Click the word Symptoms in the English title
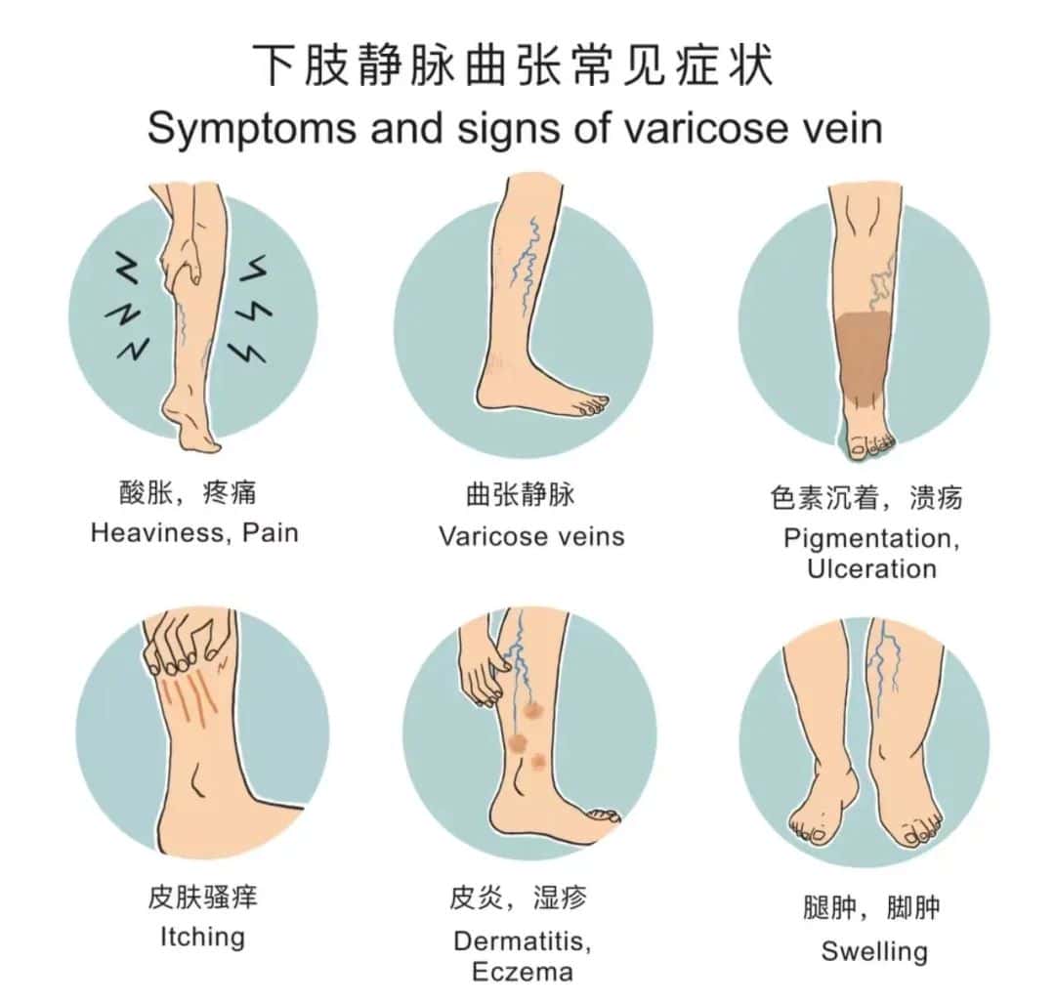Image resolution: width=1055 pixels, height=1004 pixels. (x=252, y=128)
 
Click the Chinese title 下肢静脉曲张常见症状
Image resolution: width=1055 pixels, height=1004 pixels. (x=514, y=65)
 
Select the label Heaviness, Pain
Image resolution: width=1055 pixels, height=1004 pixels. (x=194, y=532)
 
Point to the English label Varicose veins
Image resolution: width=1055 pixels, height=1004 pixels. (x=531, y=536)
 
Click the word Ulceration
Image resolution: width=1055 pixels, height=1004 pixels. (x=871, y=569)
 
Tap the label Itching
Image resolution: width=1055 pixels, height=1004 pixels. (x=202, y=937)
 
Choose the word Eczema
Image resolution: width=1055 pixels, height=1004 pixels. (x=523, y=972)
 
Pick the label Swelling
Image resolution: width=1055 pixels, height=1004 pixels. (x=874, y=951)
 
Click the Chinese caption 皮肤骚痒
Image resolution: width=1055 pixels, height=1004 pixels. (x=202, y=898)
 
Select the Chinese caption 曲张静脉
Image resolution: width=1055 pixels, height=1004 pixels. (x=520, y=495)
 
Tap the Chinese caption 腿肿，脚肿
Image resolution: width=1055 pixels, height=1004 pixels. (x=871, y=907)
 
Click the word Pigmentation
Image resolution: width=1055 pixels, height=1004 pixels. (x=871, y=538)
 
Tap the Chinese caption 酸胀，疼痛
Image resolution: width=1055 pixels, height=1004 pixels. (x=188, y=493)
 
